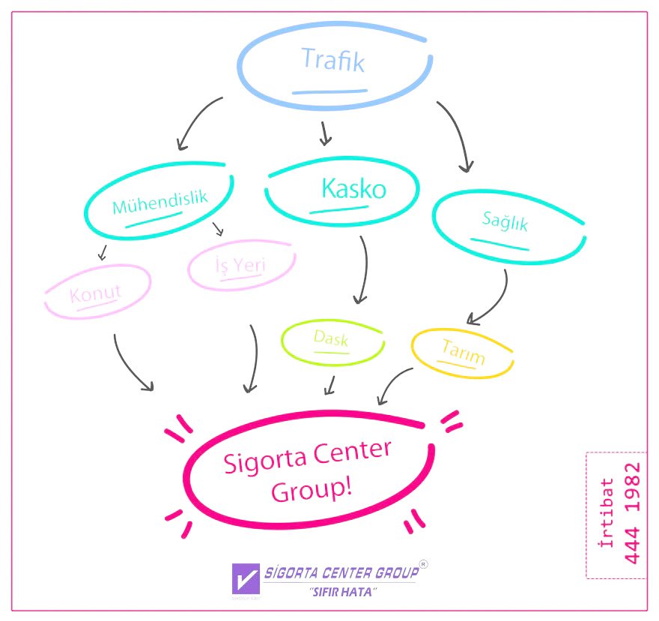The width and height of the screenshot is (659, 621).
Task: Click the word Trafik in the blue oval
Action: pyautogui.click(x=333, y=60)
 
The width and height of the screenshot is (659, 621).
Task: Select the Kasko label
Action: pyautogui.click(x=353, y=189)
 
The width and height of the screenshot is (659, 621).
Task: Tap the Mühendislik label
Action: pyautogui.click(x=160, y=202)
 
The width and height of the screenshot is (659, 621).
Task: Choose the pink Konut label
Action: pyautogui.click(x=96, y=293)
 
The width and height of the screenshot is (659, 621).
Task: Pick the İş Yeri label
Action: pyautogui.click(x=242, y=265)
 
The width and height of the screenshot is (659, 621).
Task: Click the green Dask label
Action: pyautogui.click(x=331, y=339)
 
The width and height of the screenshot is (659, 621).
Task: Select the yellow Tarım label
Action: pyautogui.click(x=464, y=352)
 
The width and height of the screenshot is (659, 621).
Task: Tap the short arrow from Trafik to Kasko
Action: pyautogui.click(x=324, y=133)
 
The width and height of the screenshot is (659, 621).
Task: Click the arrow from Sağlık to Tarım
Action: pyautogui.click(x=493, y=300)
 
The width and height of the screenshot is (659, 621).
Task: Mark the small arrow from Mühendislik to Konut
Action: pyautogui.click(x=103, y=252)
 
